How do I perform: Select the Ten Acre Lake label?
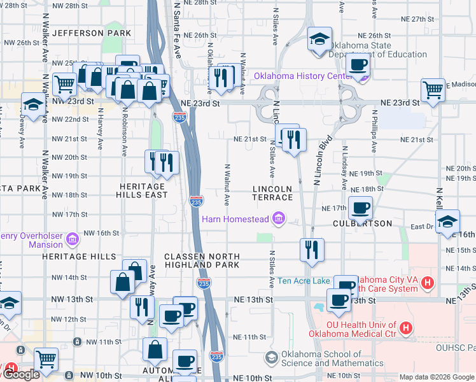(x=304, y=281)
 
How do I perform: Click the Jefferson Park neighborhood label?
(x=92, y=32)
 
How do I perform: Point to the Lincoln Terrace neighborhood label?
(x=272, y=194)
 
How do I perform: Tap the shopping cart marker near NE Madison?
(x=433, y=90)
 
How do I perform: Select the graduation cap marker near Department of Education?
(x=319, y=39)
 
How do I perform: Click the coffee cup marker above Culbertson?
(x=360, y=207)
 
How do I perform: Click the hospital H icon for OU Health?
(x=405, y=329)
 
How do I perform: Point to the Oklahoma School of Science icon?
(x=272, y=358)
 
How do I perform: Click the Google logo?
(x=21, y=374)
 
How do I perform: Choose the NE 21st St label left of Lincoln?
(x=249, y=139)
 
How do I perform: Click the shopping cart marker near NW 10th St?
(x=46, y=359)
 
